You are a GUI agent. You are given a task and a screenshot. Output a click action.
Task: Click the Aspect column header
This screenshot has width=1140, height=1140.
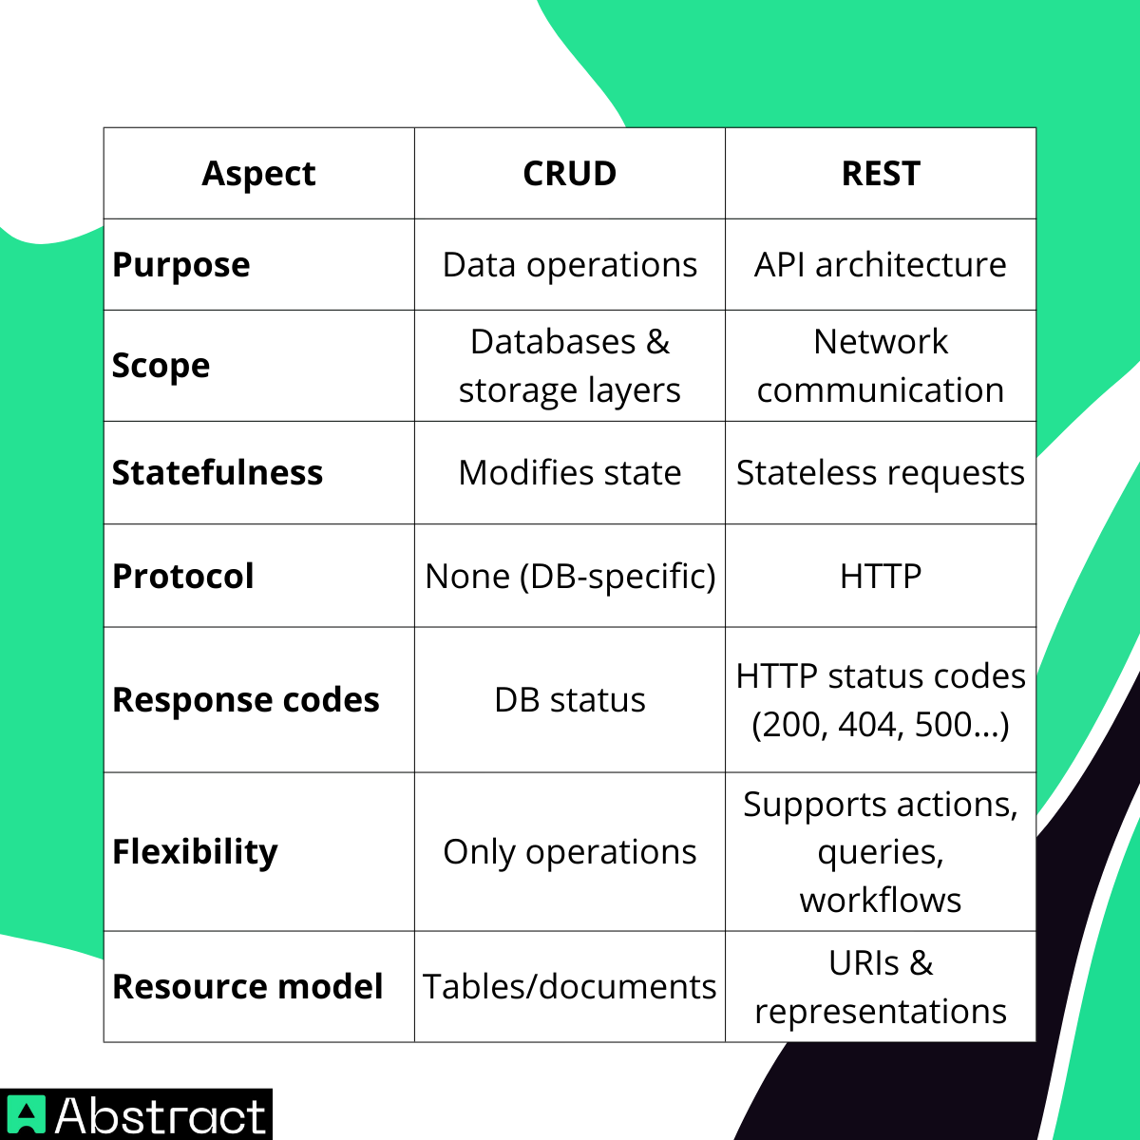pos(258,174)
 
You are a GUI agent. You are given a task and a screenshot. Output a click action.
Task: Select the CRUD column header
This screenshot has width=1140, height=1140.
pos(570,174)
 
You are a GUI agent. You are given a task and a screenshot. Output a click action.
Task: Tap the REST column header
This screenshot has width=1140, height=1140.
pos(881,174)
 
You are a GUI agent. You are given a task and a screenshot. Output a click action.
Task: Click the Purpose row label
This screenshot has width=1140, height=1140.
pos(181,265)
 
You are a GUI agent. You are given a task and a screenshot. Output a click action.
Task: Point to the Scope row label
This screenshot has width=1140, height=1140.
pos(161,366)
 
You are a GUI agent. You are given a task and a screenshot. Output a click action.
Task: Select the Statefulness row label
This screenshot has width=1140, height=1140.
pos(218,473)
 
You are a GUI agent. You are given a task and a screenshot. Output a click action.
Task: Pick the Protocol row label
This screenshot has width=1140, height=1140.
pos(183,577)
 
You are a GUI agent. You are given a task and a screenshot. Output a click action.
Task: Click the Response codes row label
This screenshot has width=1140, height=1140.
pos(246,700)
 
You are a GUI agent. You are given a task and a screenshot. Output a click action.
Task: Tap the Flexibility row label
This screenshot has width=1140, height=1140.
pos(195,852)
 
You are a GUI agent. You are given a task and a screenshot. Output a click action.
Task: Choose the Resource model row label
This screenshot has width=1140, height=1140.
pos(248,987)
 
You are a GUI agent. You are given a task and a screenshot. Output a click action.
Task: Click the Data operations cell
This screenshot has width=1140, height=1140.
pos(570,265)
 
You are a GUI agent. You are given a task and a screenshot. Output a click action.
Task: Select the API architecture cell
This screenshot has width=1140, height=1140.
pos(881,265)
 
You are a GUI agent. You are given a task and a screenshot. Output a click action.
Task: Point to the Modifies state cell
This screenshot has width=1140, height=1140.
pos(570,473)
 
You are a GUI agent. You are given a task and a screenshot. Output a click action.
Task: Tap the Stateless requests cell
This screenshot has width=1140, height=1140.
pos(881,473)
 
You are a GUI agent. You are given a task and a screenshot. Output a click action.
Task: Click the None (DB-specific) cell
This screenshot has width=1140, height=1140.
pos(570,577)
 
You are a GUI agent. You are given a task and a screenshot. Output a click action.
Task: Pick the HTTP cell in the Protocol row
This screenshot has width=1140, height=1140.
pos(881,577)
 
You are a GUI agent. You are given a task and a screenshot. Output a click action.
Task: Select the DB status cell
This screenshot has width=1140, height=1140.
pos(570,700)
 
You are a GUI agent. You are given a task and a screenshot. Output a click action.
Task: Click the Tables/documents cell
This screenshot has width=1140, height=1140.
pos(570,987)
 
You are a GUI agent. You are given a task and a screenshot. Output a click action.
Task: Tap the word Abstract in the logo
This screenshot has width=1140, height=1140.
pos(161,1115)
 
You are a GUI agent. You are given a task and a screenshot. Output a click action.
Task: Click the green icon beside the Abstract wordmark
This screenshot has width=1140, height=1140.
pos(26,1115)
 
